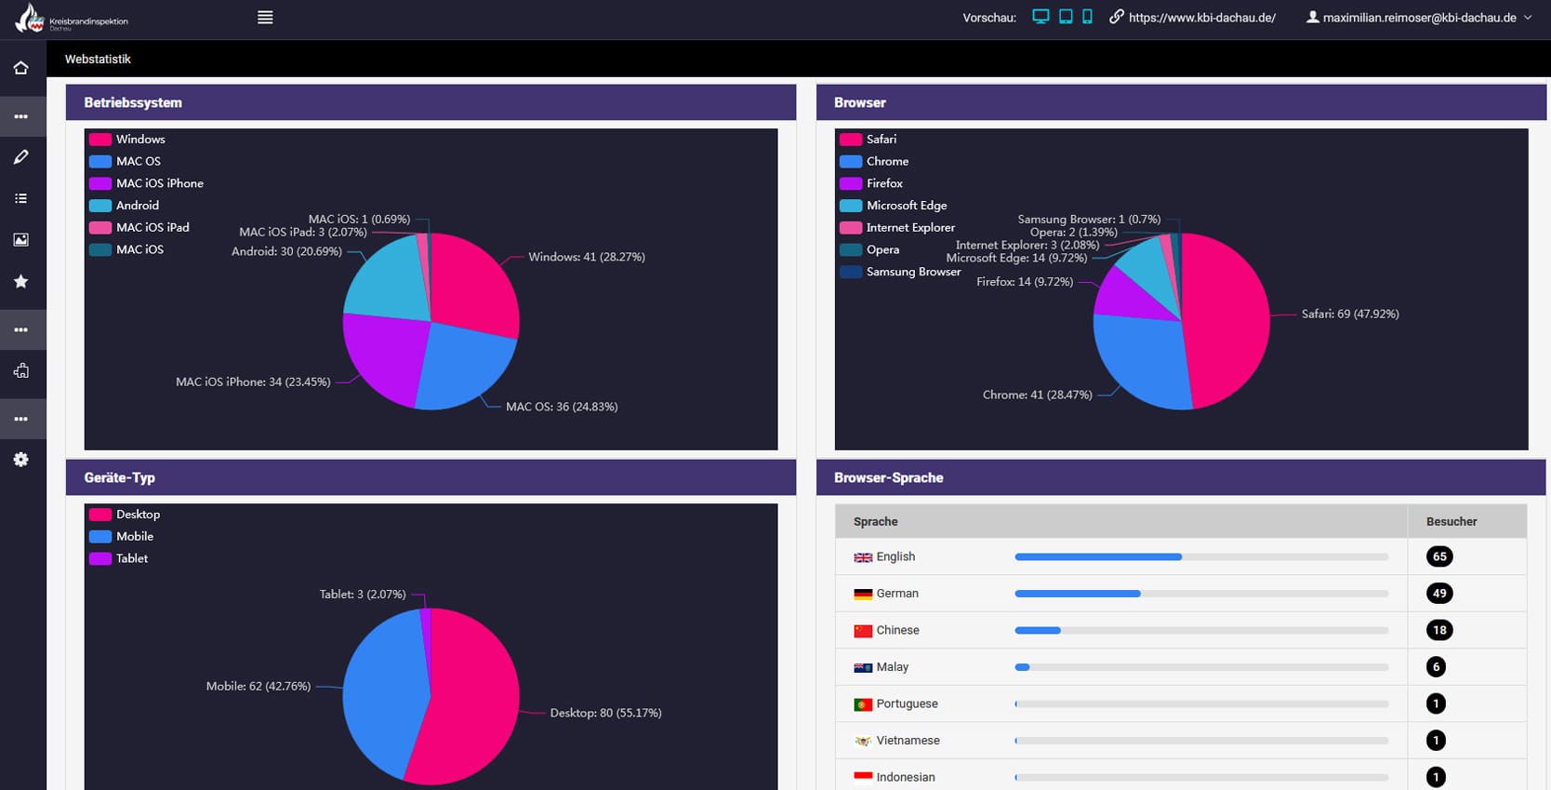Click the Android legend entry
coord(137,206)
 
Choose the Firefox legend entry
coord(883,183)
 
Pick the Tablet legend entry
coord(131,558)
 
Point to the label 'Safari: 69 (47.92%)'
coord(1349,315)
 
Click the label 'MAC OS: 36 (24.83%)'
coord(561,407)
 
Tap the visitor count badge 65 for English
coord(1438,556)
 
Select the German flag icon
coord(863,594)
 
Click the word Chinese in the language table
coord(897,630)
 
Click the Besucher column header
coord(1451,522)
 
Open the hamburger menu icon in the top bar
coord(265,18)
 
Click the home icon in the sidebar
coord(20,68)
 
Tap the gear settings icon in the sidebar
coord(20,460)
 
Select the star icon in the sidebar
coord(20,281)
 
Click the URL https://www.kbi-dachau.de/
coord(1201,18)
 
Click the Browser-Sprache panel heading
coord(888,477)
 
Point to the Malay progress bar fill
coord(1022,667)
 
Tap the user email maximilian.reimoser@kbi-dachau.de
coord(1419,18)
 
